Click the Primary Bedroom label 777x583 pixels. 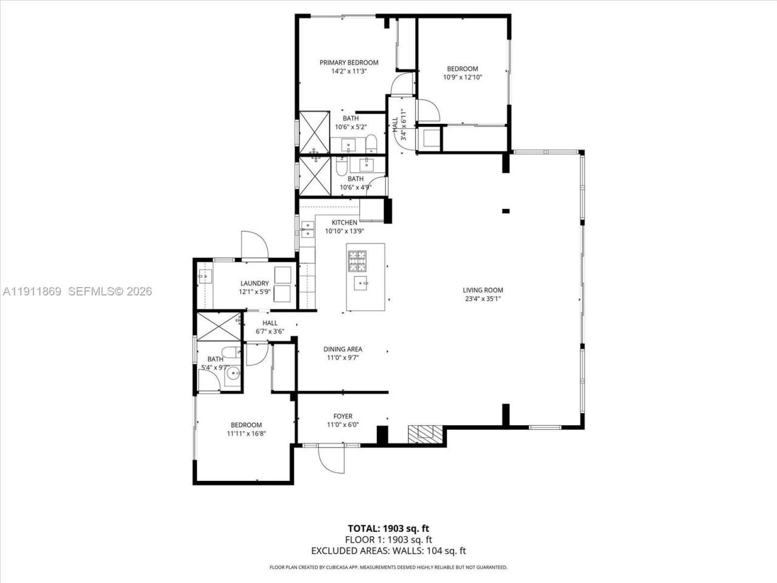click(349, 63)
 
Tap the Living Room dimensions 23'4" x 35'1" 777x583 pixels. click(483, 298)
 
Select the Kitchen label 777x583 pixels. click(344, 223)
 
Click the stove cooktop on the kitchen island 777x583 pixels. click(358, 260)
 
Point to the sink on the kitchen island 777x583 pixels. click(362, 282)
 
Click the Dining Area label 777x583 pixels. click(343, 349)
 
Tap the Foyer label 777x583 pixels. click(343, 417)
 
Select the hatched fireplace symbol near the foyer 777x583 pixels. click(425, 433)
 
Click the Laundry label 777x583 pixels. click(254, 284)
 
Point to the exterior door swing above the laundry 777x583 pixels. click(254, 246)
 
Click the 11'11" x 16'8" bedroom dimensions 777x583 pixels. click(246, 434)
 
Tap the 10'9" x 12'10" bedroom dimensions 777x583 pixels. click(463, 77)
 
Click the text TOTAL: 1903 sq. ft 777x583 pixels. click(388, 528)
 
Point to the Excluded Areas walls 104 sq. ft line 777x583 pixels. click(388, 551)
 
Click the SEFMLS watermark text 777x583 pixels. click(110, 291)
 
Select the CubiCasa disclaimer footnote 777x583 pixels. click(388, 567)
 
